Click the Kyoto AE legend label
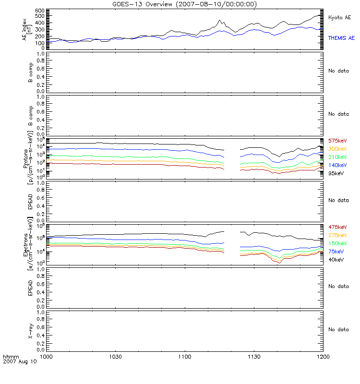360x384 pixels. tap(339, 17)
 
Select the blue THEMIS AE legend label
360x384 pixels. tap(341, 37)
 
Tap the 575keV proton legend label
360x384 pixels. tap(337, 141)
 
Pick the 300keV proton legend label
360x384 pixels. tap(337, 149)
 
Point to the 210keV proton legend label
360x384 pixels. tap(337, 157)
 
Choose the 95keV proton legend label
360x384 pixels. tap(336, 173)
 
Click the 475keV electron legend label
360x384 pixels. tap(337, 227)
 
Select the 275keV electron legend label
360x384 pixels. tap(337, 235)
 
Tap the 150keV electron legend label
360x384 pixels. tap(337, 243)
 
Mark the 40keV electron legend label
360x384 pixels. tap(336, 260)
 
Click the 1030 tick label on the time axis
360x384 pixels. tap(115, 357)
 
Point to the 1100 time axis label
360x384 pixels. tap(185, 357)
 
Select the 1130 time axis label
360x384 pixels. tap(254, 357)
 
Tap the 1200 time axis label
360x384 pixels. tap(324, 357)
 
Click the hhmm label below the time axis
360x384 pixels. tap(10, 357)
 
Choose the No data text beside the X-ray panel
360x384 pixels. tap(338, 330)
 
